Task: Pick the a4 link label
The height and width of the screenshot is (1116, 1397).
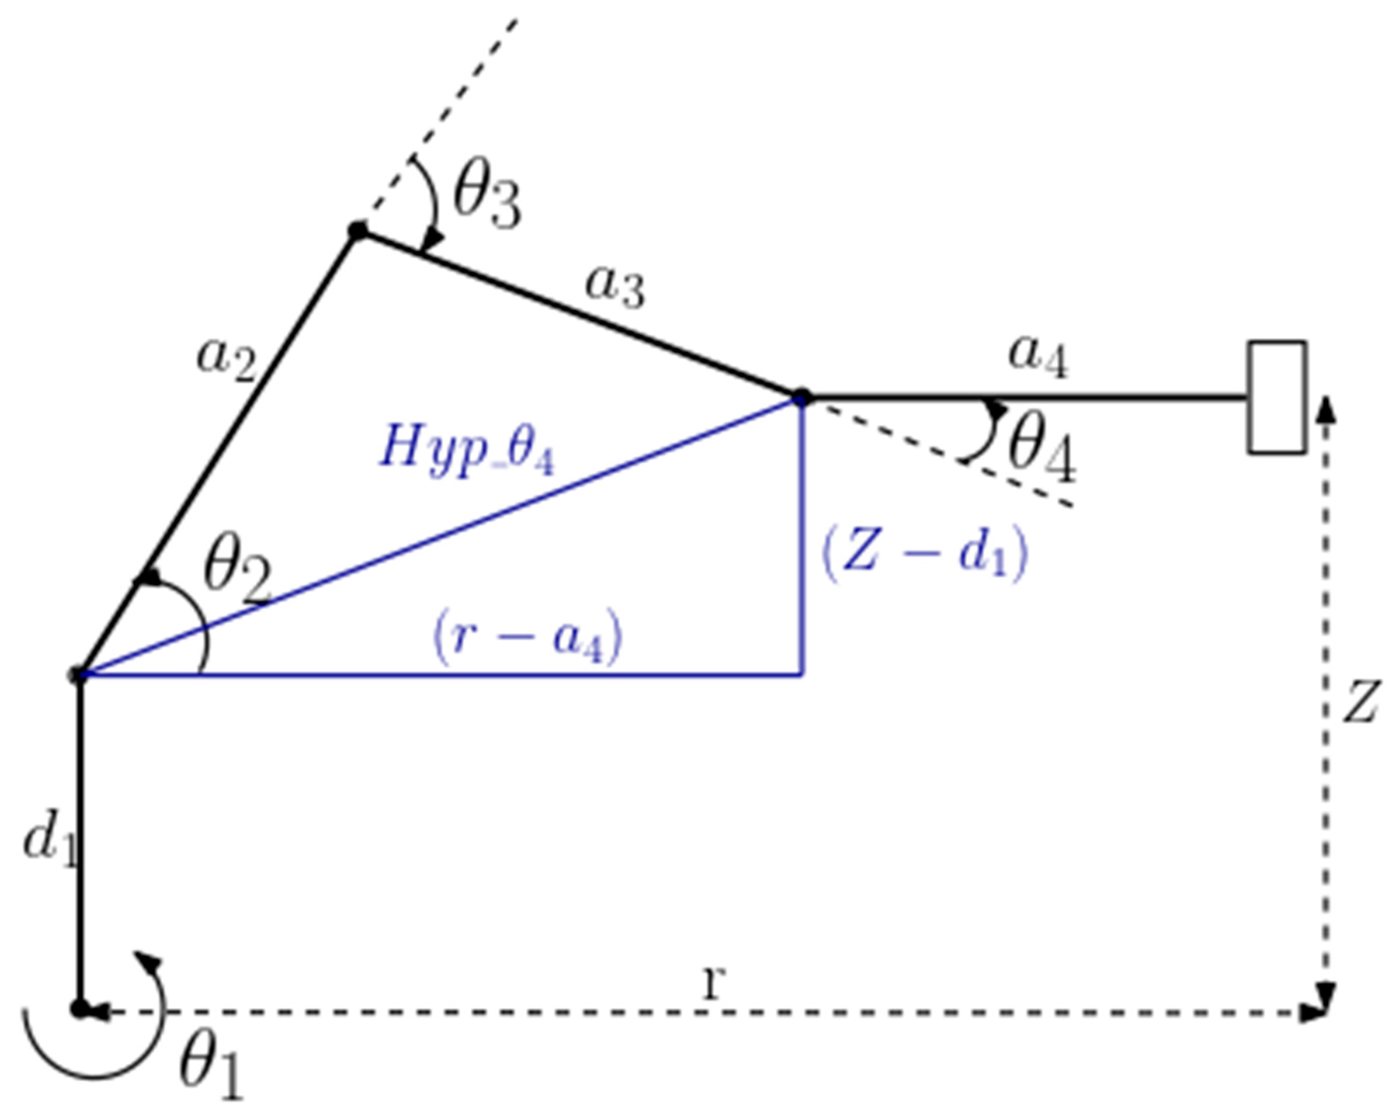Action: tap(1037, 358)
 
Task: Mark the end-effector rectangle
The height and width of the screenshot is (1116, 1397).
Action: tap(1276, 397)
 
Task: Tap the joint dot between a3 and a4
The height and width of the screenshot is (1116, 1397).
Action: tap(802, 397)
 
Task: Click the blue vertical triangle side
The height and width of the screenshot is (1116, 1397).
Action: tap(803, 538)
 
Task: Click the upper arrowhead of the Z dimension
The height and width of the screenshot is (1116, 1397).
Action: tap(1327, 409)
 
